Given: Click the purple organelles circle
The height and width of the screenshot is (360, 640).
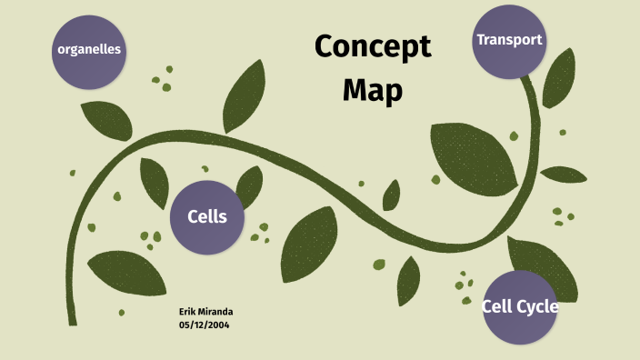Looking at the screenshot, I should [x=89, y=50].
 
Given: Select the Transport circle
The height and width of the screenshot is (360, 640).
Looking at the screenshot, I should [x=509, y=41].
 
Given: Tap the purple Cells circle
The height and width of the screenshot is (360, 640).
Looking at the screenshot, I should [x=207, y=216].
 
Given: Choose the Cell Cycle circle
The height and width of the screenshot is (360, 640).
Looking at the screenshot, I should [x=519, y=307].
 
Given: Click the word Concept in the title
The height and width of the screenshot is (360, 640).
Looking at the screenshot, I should [x=373, y=47].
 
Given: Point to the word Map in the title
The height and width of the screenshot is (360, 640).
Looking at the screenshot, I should [x=373, y=90].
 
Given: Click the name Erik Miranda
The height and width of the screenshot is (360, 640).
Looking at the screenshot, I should [x=206, y=312].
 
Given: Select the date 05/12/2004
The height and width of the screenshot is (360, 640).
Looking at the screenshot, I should [x=205, y=325].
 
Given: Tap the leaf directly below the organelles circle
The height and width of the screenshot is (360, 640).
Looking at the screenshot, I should [x=106, y=120].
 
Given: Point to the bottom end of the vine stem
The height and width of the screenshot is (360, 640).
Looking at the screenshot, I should [x=73, y=320].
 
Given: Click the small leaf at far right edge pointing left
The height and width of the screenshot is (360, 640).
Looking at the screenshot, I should [x=564, y=174].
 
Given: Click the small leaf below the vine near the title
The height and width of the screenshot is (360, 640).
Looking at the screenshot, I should [x=392, y=195].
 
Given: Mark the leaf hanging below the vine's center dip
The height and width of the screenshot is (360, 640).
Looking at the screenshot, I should [x=408, y=280].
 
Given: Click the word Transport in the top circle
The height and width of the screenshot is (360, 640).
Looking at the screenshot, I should [x=509, y=40].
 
